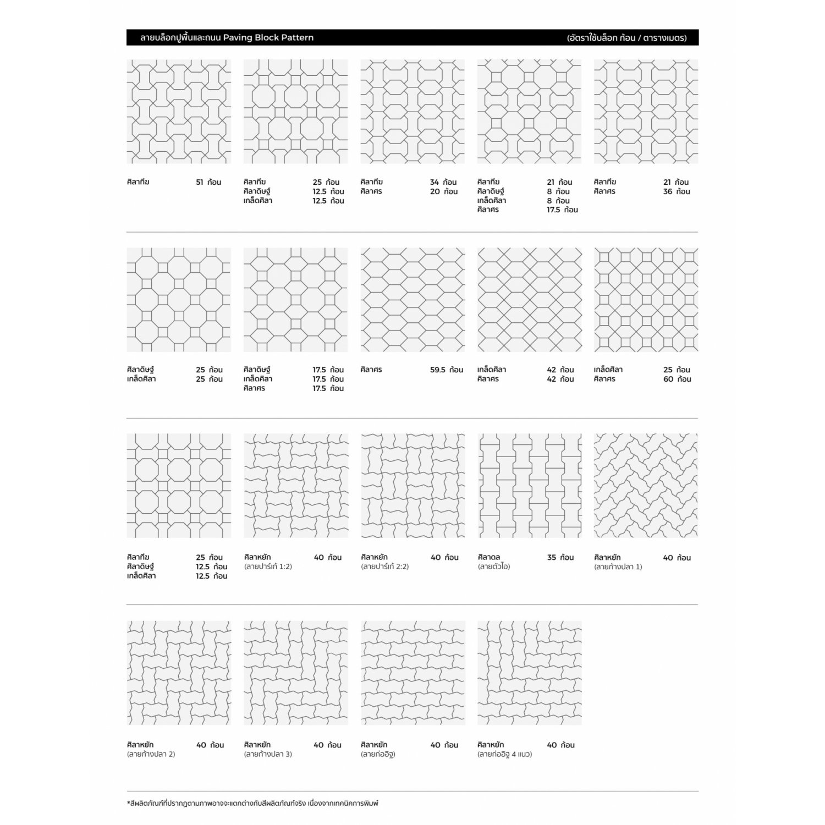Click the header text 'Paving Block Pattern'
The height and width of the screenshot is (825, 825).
tap(268, 37)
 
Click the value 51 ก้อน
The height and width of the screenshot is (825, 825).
tap(208, 182)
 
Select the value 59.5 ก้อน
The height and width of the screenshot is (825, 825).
tap(446, 370)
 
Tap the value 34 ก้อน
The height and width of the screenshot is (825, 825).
tap(443, 182)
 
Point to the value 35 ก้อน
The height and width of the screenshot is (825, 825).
tap(560, 557)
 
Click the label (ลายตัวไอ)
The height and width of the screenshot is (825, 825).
tap(494, 566)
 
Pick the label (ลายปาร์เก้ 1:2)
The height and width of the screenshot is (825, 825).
tap(268, 566)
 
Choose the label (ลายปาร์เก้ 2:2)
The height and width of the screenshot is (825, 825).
tap(385, 566)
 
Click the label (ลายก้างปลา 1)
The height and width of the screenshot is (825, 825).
tap(618, 566)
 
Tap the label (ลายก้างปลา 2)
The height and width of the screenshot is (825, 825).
tap(151, 754)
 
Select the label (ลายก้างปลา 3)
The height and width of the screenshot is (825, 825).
tap(268, 754)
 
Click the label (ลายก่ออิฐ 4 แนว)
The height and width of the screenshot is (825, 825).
tap(505, 754)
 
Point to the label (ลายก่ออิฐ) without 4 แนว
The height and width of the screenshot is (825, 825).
tap(378, 754)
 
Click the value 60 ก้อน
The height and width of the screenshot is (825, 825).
tap(677, 379)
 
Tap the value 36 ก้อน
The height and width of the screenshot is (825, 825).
tap(676, 191)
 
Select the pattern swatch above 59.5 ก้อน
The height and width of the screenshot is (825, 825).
tap(413, 300)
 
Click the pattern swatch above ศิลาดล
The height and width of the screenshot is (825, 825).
tap(530, 486)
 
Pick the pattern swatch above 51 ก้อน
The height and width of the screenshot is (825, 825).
tap(179, 112)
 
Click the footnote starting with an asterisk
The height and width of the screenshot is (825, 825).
tap(252, 804)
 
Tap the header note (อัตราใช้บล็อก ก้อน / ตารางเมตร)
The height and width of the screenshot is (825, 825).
tap(627, 38)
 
